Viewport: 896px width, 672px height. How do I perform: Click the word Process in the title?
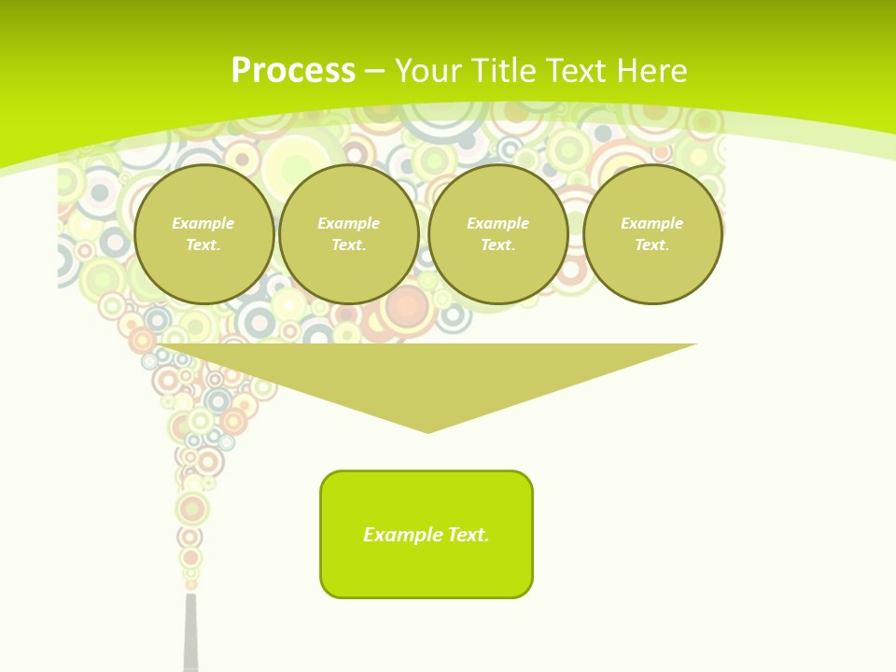pyautogui.click(x=293, y=71)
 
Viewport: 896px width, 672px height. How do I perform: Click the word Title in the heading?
pyautogui.click(x=504, y=71)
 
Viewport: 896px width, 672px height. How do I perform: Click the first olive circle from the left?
pyautogui.click(x=204, y=234)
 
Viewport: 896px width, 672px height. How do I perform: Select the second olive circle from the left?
pyautogui.click(x=349, y=234)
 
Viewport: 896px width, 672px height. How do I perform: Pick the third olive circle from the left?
pyautogui.click(x=498, y=234)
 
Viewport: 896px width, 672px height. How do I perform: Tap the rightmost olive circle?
pyautogui.click(x=652, y=234)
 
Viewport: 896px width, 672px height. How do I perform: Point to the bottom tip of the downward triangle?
pyautogui.click(x=427, y=431)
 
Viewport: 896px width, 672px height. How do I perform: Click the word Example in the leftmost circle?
pyautogui.click(x=203, y=223)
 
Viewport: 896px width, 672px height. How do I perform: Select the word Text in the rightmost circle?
pyautogui.click(x=651, y=245)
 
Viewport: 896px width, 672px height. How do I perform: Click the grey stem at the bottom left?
pyautogui.click(x=191, y=635)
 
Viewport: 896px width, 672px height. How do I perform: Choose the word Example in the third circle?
pyautogui.click(x=497, y=223)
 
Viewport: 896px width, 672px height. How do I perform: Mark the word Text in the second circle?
pyautogui.click(x=348, y=245)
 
